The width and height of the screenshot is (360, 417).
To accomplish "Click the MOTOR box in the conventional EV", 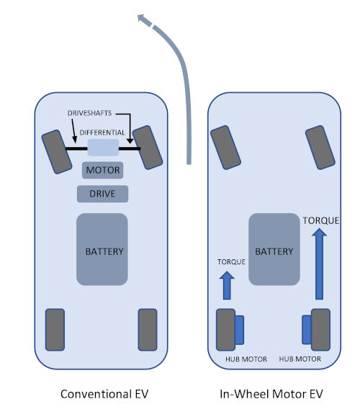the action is (x=103, y=170).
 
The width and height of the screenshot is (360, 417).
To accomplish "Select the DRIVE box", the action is (x=103, y=194).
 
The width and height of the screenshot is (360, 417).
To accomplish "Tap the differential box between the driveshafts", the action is (x=103, y=148).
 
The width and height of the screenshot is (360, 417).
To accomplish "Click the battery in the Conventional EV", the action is (x=102, y=249).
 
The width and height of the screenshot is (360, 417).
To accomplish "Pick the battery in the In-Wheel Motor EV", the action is (x=274, y=249).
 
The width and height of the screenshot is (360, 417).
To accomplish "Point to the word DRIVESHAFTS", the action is (x=89, y=113).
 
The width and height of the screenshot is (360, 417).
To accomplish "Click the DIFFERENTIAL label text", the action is (x=102, y=133).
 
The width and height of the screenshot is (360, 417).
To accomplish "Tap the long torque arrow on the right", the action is (x=320, y=264).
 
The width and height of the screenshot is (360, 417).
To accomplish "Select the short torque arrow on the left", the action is (x=227, y=285).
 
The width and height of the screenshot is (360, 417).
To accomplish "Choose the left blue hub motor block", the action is (x=239, y=330).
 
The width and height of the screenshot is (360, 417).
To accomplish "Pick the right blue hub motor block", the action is (x=307, y=330).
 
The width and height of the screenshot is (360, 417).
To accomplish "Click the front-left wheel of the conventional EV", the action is (x=57, y=152).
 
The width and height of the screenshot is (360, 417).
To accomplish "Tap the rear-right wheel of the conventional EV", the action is (x=148, y=330).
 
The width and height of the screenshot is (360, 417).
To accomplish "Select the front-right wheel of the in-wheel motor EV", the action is (x=320, y=148).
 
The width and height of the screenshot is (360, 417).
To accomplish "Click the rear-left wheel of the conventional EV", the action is (x=55, y=330).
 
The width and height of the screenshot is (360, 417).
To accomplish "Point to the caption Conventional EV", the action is (x=104, y=394).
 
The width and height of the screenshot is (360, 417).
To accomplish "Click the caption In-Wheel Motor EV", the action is (x=271, y=394).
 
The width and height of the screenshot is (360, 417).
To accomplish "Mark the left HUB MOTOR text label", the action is (x=246, y=359).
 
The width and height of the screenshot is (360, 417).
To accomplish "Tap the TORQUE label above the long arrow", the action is (x=321, y=220).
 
